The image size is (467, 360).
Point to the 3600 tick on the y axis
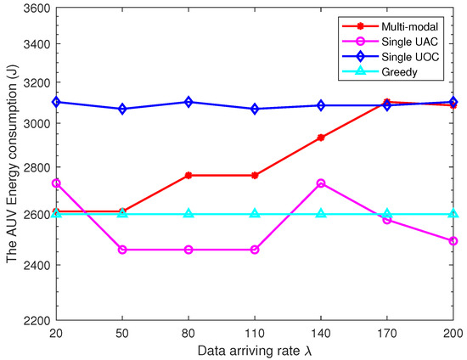coord(34,8)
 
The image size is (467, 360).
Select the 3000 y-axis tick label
coord(34,124)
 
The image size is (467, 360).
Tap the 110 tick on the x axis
coord(255,332)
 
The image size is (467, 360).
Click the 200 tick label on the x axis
coord(453,332)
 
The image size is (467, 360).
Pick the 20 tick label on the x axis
coord(56,332)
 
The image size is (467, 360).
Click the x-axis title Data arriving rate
coord(255,349)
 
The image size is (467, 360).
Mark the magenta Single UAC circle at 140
coord(321,183)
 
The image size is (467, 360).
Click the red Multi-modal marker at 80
coord(188,176)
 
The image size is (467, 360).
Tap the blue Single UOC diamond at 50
coord(122,110)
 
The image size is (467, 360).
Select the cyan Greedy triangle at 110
coord(255,214)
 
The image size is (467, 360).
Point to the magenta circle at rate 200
coord(453,241)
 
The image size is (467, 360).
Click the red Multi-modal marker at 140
coord(321,138)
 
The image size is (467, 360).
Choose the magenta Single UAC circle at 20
coord(56,183)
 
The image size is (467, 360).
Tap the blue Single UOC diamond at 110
coord(255,110)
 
